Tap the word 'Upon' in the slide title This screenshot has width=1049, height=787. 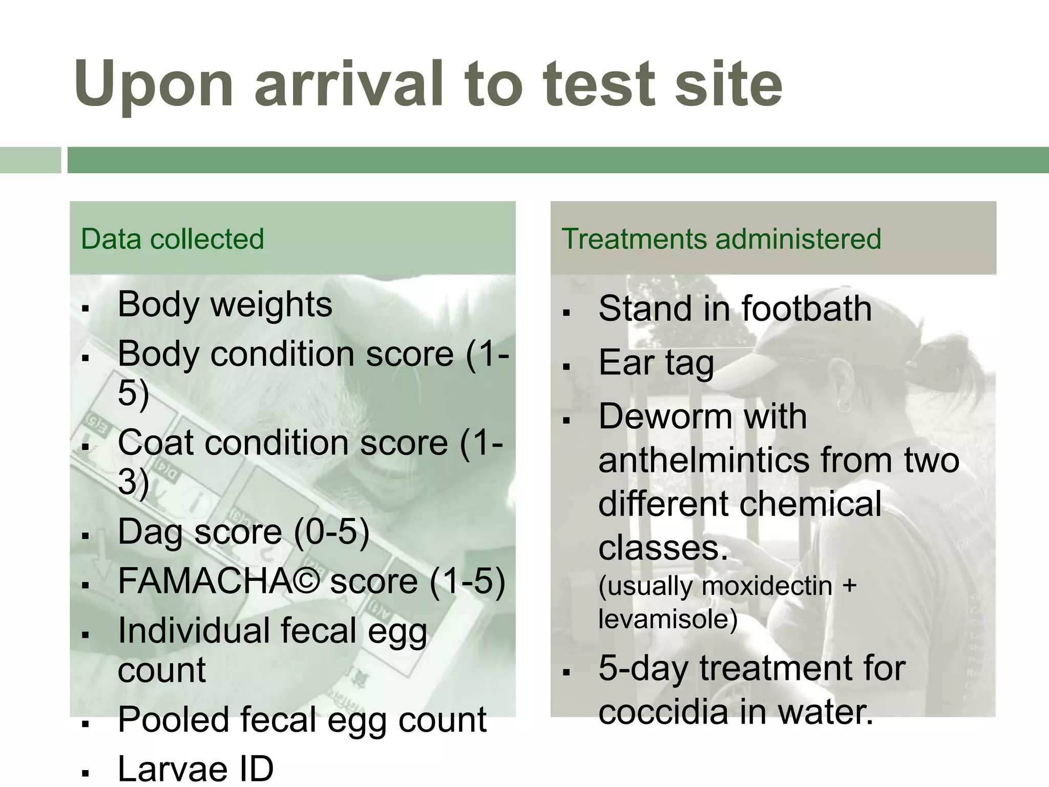(x=154, y=85)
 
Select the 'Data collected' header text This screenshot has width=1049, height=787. (x=172, y=239)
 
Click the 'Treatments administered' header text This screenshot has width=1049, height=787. (x=721, y=239)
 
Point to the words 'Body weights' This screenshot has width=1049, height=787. (x=225, y=304)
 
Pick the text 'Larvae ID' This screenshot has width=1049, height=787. (x=196, y=769)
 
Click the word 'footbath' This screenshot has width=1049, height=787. (x=806, y=309)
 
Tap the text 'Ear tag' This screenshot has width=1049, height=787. (x=656, y=363)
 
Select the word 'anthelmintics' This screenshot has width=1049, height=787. (x=704, y=460)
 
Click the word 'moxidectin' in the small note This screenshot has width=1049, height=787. (x=767, y=586)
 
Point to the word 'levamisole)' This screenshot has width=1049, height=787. (x=668, y=619)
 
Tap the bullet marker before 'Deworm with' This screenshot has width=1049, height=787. (x=566, y=421)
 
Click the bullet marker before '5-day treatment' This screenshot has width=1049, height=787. (x=566, y=673)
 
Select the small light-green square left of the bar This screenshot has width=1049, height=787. (x=30, y=160)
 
